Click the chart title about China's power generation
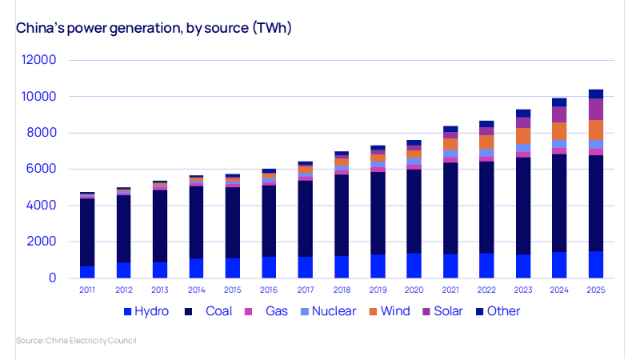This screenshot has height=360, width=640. (154, 29)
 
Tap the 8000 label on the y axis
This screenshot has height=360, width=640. (41, 133)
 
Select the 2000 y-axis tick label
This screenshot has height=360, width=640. (41, 242)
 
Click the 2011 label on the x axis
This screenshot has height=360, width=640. (86, 290)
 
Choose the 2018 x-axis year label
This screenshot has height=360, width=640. (342, 290)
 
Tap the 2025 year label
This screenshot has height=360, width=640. (596, 290)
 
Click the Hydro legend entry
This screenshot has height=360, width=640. (146, 311)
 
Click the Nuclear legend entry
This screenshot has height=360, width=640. (326, 311)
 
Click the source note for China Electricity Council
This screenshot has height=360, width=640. (76, 341)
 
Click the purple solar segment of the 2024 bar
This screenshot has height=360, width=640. (559, 114)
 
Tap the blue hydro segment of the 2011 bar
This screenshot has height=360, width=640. (86, 272)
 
